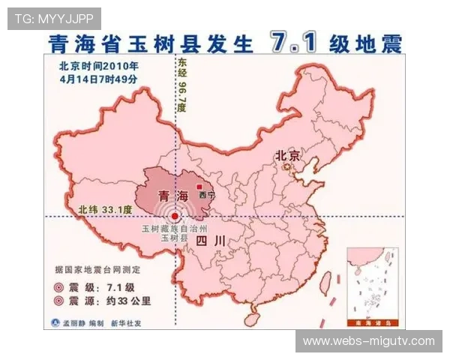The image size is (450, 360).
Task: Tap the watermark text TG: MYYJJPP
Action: tap(54, 17)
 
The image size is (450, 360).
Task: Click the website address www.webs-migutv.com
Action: tap(368, 341)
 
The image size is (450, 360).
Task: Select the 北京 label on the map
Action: tap(287, 156)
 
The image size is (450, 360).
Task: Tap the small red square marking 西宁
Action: tap(199, 186)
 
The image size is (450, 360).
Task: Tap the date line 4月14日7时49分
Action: tap(94, 77)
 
